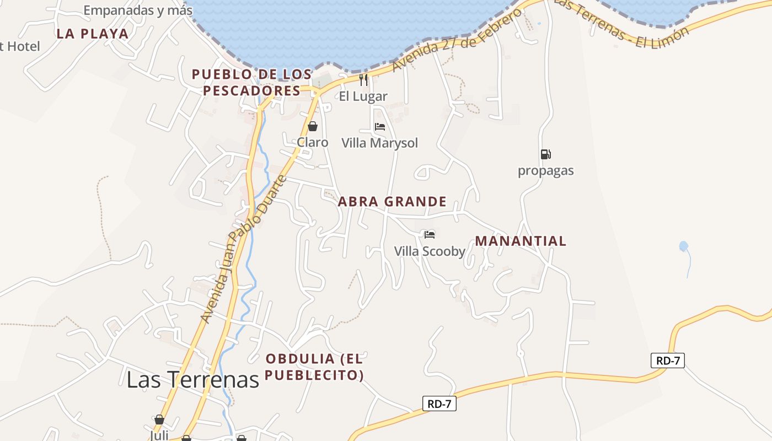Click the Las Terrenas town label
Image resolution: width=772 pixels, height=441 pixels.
pos(192,379)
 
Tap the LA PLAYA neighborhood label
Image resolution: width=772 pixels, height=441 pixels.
pos(93,34)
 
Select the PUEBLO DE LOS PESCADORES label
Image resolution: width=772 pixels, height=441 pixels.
pos(251,82)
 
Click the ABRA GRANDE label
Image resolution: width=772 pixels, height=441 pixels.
pos(392,202)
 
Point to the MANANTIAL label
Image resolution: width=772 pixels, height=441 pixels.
pos(521,241)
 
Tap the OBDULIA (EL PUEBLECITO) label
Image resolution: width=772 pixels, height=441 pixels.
pos(314,367)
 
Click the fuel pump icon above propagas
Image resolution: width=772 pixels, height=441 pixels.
pos(545,154)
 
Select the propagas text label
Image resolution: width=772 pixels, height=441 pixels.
pos(545,171)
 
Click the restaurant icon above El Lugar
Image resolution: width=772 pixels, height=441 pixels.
pos(363,80)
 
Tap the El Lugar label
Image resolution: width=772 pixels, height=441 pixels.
pos(363,96)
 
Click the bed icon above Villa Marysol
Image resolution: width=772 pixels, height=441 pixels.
pos(379,127)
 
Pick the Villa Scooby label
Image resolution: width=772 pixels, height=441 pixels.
pos(430,251)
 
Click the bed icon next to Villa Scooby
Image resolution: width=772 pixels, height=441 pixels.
pos(430,235)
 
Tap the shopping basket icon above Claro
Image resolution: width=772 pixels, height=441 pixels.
pos(313,127)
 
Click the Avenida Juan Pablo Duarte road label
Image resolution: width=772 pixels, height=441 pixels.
pos(244,249)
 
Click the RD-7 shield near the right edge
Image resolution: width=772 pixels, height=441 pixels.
pos(667,361)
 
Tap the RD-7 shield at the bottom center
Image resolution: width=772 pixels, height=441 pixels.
pos(439,404)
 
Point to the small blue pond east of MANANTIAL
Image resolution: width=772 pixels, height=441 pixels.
pos(684,246)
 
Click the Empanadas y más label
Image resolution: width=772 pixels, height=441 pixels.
pos(138,10)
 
